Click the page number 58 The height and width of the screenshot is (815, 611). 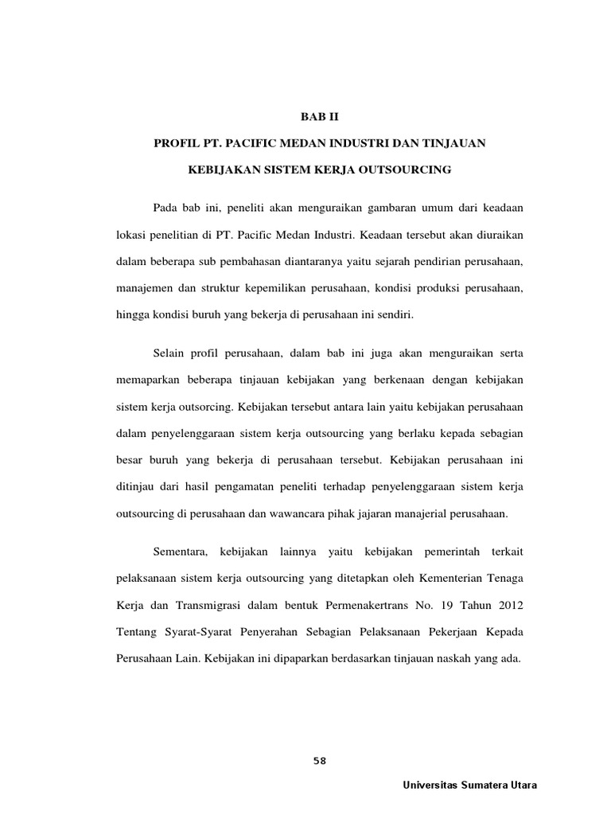click(320, 761)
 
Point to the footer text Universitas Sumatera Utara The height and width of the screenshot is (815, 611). click(471, 785)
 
